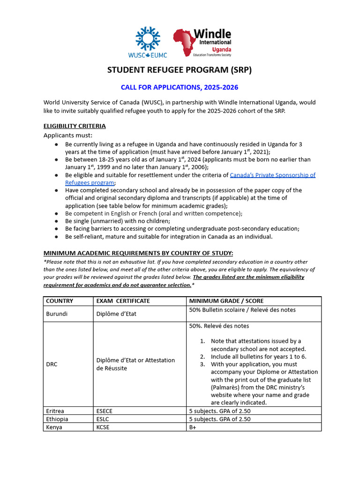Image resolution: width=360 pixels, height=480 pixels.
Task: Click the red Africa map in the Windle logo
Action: point(186,43)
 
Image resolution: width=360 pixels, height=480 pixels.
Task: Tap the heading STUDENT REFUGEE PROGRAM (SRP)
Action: point(180,70)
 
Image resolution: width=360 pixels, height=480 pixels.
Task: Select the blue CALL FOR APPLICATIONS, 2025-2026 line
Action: point(176,88)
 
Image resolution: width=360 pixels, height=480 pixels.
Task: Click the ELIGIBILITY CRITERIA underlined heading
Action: point(75,126)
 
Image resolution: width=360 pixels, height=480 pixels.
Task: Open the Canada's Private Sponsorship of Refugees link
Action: point(272,175)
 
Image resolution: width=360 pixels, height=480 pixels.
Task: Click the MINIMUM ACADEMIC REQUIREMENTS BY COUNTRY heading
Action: point(138,253)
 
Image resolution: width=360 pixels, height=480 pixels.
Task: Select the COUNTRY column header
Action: point(60,301)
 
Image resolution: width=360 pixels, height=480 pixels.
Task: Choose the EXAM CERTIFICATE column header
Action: point(123,301)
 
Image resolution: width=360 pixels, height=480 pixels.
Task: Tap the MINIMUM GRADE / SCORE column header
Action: point(226,301)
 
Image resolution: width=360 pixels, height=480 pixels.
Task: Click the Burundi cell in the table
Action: point(57,314)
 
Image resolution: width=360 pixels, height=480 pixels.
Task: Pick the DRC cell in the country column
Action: point(52,364)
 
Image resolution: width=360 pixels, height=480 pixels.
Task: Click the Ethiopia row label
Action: point(57,419)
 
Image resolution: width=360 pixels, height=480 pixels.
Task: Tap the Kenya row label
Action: point(54,427)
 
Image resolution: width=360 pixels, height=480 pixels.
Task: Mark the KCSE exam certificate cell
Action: point(103,427)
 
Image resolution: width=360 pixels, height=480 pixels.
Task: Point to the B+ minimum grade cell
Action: point(193,427)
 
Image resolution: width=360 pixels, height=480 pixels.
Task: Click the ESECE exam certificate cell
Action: point(104,411)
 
